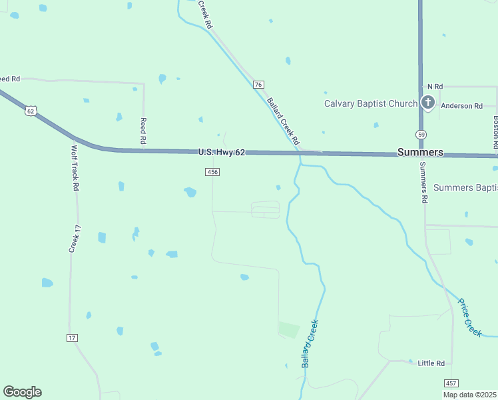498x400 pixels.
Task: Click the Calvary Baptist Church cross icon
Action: (427, 103)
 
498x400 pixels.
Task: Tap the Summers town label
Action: (420, 152)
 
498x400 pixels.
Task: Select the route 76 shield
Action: (259, 85)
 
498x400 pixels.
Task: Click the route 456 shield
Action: (212, 172)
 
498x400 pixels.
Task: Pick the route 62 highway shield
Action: (31, 111)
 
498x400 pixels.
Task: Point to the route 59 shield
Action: (421, 134)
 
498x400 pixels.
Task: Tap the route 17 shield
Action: (72, 338)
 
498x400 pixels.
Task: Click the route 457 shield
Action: (451, 383)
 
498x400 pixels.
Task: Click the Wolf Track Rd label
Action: (75, 167)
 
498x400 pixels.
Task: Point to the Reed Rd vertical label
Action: (142, 131)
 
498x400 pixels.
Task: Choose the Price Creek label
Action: (469, 317)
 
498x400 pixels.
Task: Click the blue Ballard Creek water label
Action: (310, 344)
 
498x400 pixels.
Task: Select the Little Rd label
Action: (431, 363)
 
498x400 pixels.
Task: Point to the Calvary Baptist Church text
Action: (370, 103)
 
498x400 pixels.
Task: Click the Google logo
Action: (22, 392)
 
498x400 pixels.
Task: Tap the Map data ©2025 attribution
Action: (469, 395)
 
